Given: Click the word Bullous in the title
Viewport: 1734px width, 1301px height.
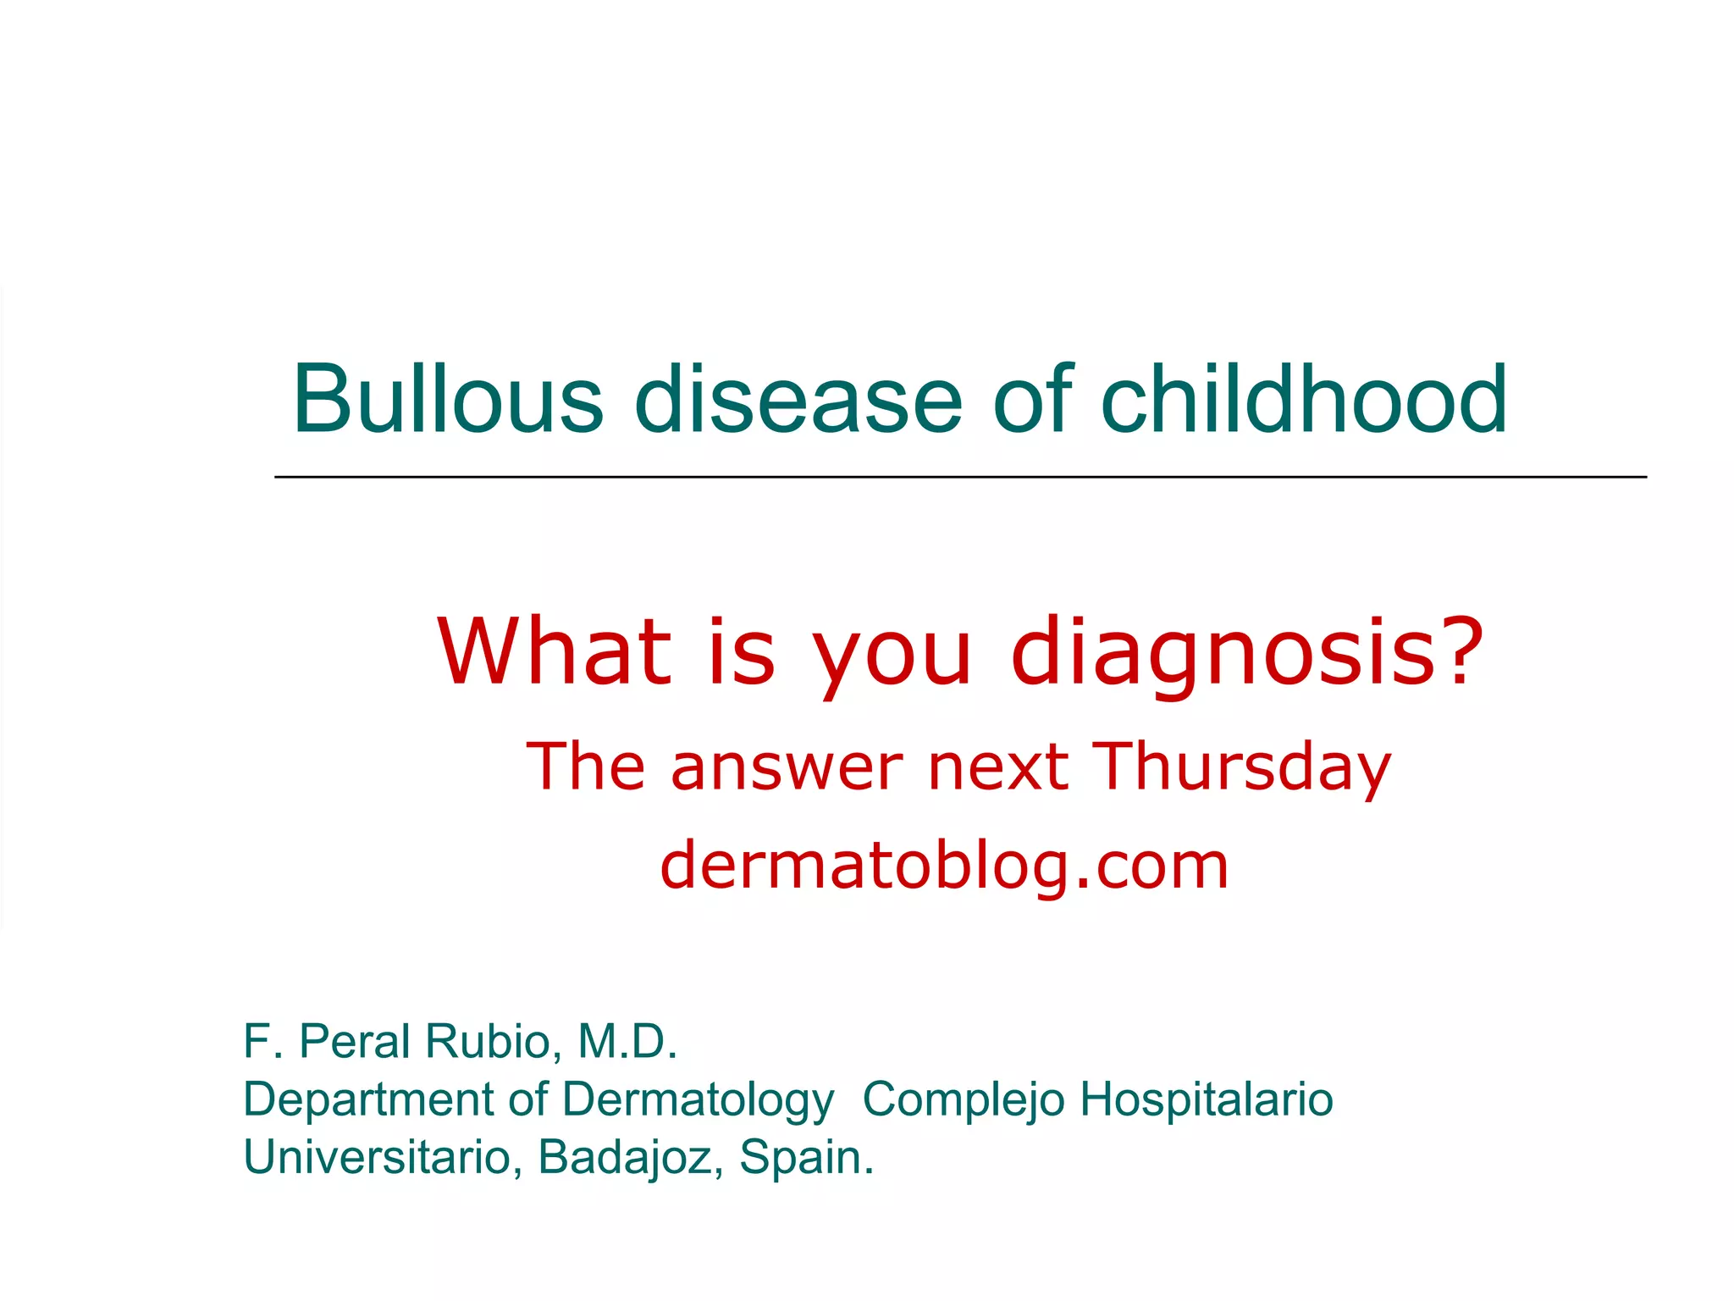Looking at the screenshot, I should tap(448, 399).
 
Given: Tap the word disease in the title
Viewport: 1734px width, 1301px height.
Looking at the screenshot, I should tap(798, 399).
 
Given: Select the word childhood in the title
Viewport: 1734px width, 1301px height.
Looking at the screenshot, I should tap(1303, 399).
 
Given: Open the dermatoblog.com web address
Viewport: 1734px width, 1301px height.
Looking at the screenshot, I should tap(944, 866).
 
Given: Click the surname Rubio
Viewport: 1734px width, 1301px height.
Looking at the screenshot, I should tap(491, 1041).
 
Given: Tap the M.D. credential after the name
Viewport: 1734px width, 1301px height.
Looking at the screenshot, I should tap(627, 1041).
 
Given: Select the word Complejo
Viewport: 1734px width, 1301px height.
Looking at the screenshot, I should tap(963, 1099).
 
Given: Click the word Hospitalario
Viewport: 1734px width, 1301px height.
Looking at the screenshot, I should tap(1207, 1099).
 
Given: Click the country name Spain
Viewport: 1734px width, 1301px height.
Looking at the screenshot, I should tap(805, 1157).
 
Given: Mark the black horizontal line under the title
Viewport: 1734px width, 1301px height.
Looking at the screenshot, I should tap(960, 478).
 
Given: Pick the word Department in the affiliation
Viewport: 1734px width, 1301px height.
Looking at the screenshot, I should tap(367, 1100).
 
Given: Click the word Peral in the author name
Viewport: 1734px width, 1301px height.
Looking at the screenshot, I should tap(355, 1041).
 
